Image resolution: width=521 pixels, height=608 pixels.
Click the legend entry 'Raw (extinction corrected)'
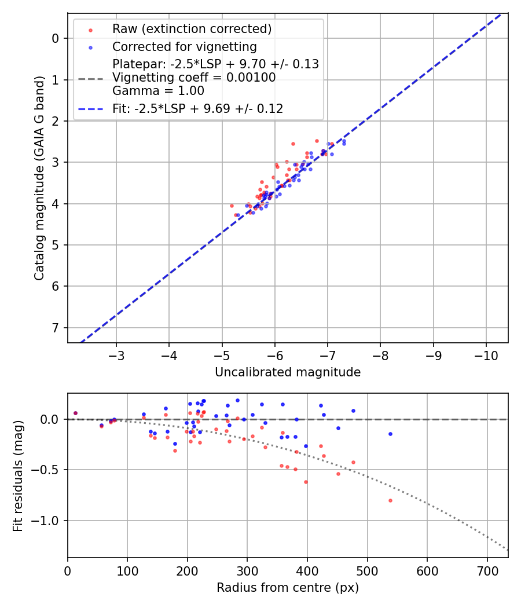click(192, 29)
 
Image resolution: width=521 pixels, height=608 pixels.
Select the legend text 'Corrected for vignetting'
click(184, 46)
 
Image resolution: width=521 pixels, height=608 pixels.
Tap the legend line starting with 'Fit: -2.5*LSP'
click(197, 108)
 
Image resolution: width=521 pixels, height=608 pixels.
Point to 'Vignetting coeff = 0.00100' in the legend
click(194, 78)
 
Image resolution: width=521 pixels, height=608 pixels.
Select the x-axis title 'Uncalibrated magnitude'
click(288, 372)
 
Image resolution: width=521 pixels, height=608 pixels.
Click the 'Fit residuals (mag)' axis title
click(19, 476)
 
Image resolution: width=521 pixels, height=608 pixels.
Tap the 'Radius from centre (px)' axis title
click(288, 588)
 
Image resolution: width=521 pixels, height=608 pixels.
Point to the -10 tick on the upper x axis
click(486, 354)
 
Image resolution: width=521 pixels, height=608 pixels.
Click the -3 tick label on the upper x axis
click(116, 354)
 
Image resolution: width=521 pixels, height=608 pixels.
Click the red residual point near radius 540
click(390, 500)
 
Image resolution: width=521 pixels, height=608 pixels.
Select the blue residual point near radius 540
click(390, 434)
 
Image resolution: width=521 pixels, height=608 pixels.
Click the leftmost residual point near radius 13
click(75, 413)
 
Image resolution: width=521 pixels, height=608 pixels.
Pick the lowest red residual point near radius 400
click(306, 482)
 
